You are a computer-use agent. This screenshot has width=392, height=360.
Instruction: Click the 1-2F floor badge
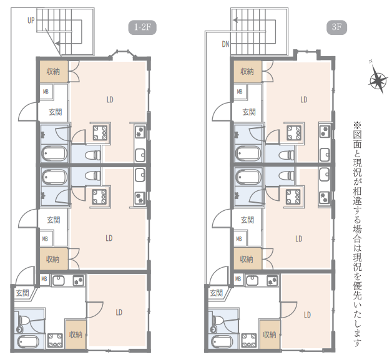tap(142, 27)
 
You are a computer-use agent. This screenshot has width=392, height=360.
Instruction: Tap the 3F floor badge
tap(336, 27)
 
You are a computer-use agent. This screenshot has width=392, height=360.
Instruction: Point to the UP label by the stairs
tap(31, 20)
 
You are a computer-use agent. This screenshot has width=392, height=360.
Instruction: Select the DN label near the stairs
tap(225, 44)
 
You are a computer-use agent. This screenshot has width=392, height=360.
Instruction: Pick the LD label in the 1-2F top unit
tap(110, 100)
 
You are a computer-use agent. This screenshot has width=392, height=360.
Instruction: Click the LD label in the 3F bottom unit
tap(307, 315)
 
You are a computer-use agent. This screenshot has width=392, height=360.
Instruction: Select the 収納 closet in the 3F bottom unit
tap(270, 334)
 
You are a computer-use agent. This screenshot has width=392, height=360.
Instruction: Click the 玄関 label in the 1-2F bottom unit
tap(22, 293)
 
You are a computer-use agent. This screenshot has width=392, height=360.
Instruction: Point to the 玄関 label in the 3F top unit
tap(249, 112)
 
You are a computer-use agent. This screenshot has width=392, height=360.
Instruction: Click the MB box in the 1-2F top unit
tap(46, 92)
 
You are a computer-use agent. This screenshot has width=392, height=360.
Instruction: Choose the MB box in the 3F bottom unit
tap(238, 278)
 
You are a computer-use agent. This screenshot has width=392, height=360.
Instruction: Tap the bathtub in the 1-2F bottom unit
tap(28, 342)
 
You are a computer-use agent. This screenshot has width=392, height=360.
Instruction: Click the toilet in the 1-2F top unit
tap(92, 155)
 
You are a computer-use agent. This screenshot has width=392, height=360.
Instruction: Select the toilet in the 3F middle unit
tap(287, 175)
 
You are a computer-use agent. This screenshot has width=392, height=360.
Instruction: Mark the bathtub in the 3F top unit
tap(248, 153)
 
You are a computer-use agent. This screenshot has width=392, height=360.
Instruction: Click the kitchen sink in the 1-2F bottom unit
tap(59, 280)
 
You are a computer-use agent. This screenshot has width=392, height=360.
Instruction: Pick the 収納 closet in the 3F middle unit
tap(247, 259)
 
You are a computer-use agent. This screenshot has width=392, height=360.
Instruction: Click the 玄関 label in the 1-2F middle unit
tap(54, 220)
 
